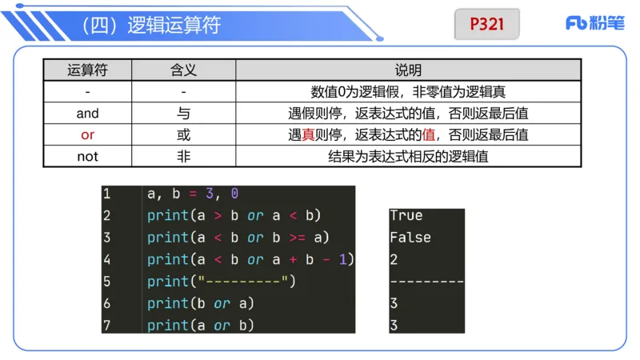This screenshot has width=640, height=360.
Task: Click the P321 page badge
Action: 486,24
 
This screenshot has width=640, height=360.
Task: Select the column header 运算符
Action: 87,70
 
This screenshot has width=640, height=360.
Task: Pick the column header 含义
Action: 183,70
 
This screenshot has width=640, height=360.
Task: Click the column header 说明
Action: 408,70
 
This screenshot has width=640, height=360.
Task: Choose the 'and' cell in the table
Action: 87,114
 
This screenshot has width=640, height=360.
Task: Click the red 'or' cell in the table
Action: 87,135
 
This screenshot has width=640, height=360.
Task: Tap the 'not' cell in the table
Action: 87,157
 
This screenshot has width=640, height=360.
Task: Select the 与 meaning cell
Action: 183,114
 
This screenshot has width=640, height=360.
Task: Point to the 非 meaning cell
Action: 183,157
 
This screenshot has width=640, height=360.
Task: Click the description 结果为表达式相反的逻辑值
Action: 408,157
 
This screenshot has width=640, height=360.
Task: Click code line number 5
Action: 107,281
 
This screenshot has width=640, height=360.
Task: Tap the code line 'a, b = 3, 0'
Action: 193,194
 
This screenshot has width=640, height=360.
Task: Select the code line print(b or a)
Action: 200,303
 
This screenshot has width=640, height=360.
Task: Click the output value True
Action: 406,215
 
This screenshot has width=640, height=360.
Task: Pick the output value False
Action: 410,238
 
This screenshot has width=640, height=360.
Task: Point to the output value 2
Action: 394,259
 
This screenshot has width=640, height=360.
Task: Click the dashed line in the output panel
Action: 426,282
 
